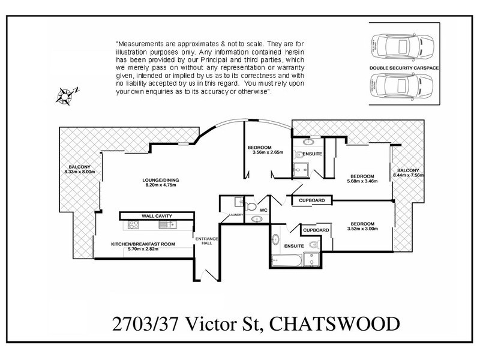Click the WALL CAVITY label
pos(157,215)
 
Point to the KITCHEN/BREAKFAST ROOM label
pos(143,244)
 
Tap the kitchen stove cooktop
pos(133,226)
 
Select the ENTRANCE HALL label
pos(206,241)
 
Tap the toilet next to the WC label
pos(251,207)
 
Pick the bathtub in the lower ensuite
pos(285,261)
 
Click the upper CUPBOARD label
pos(311,200)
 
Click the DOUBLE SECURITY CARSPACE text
pos(404,68)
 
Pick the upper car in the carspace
pos(404,44)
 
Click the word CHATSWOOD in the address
pos(333,325)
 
